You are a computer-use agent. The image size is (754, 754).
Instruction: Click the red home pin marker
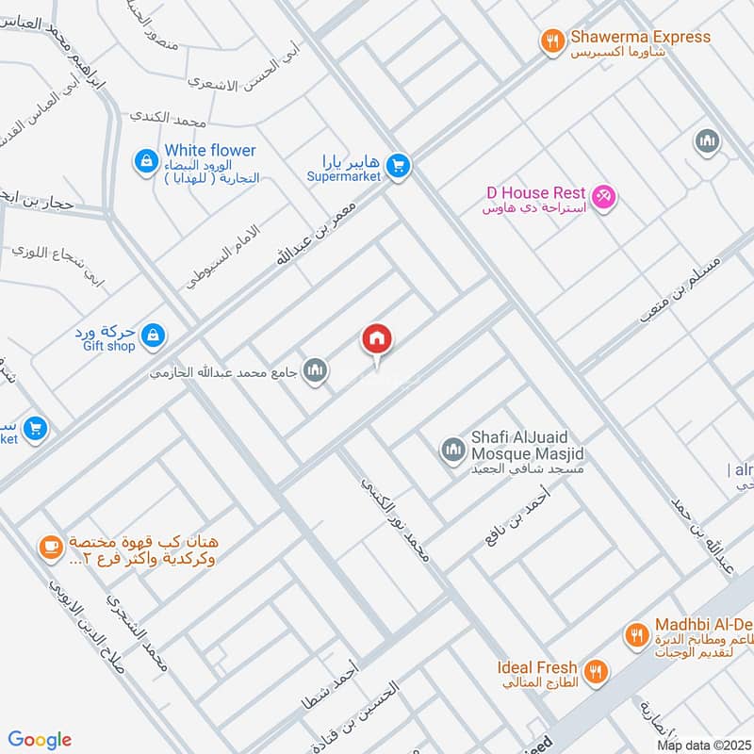coord(377,338)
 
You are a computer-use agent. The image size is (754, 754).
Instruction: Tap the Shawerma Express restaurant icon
coord(552,41)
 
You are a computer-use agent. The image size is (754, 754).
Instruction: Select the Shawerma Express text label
coord(640,38)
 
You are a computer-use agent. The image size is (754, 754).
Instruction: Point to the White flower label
coord(209,151)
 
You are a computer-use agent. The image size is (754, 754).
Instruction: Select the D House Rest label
coord(536,192)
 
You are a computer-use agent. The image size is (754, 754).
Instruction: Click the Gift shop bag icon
coord(155,335)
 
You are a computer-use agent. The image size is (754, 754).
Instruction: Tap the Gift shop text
coord(108,347)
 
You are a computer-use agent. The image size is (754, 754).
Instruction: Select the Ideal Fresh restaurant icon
coord(595,672)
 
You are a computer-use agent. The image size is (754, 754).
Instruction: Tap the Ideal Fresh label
coord(537,667)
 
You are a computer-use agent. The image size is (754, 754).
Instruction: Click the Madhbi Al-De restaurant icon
coord(637,636)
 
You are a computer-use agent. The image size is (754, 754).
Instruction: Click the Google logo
coord(41,740)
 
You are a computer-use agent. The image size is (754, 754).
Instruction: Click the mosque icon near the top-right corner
coord(707,142)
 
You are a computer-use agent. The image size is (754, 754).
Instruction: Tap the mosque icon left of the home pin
coord(316,370)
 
